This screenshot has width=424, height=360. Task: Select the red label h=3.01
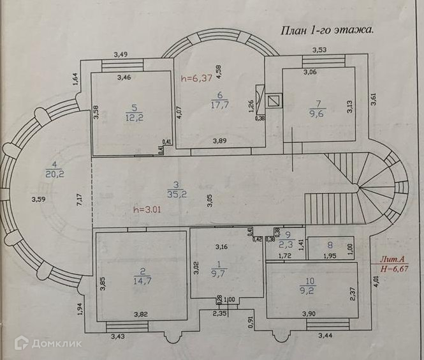[x=149, y=207]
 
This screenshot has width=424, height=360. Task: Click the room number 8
[x=329, y=244]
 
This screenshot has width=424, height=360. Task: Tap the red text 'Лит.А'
[x=392, y=259]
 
